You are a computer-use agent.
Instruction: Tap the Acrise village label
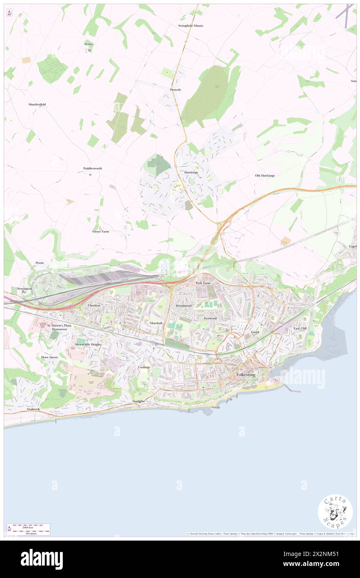coord(89,44)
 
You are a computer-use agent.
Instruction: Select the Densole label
coord(175,90)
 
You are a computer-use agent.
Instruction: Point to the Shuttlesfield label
coord(37,104)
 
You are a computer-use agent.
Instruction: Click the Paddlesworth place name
coord(93,168)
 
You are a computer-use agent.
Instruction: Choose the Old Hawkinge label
coord(265,175)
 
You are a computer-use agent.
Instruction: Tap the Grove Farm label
coord(101,231)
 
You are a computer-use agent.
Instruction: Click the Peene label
coord(39,263)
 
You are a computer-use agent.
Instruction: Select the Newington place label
coord(24,289)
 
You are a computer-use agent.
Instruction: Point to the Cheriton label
coord(94,305)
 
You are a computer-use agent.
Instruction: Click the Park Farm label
coord(203,283)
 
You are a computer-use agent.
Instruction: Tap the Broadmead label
coord(183,306)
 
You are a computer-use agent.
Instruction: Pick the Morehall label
coord(156,323)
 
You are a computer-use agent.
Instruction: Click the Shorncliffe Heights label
coord(88,345)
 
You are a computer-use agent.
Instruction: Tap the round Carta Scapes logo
coord(335,512)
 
